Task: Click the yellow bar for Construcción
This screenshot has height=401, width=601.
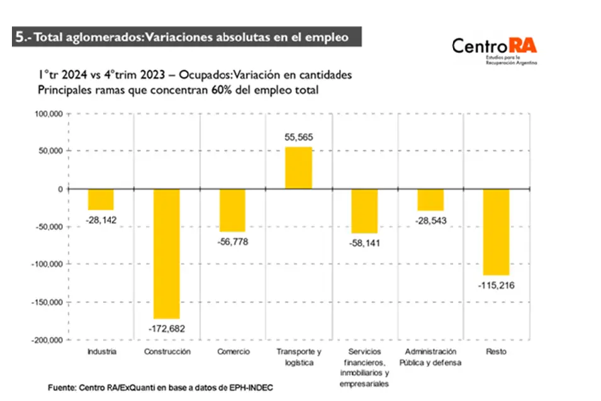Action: [x=167, y=253]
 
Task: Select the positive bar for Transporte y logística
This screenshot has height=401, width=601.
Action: [x=298, y=167]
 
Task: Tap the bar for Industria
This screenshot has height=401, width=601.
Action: [x=101, y=199]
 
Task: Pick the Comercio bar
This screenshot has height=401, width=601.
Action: [x=232, y=210]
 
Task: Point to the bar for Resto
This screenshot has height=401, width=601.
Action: [x=496, y=231]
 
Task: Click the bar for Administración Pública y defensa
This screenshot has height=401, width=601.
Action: [x=430, y=200]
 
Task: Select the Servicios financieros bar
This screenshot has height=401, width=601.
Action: [x=364, y=211]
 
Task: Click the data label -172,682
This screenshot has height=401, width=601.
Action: [x=167, y=329]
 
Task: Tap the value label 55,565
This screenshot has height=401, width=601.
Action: [x=298, y=137]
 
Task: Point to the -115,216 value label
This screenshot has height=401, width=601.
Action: [x=496, y=285]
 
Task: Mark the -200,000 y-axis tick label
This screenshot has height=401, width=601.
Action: [x=46, y=340]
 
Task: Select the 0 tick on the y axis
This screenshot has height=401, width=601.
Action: [x=60, y=189]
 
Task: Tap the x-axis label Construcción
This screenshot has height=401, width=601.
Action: [x=167, y=352]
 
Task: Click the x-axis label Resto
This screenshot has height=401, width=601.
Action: [x=496, y=352]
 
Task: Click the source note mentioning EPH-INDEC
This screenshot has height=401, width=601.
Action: [x=160, y=387]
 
